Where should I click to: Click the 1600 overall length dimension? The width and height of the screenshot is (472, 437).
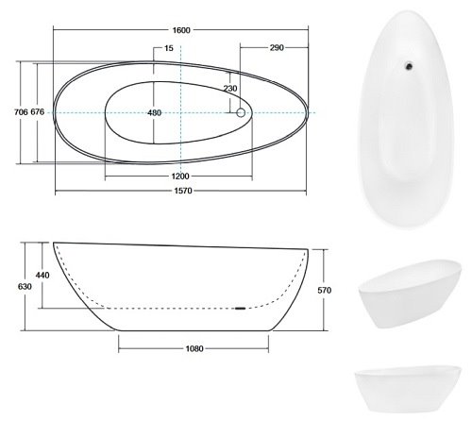pyautogui.click(x=181, y=30)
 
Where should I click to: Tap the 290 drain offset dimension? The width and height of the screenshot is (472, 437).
pyautogui.click(x=277, y=48)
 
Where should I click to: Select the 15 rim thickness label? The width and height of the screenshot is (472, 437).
pyautogui.click(x=169, y=48)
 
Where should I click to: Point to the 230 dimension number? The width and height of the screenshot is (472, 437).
pyautogui.click(x=230, y=89)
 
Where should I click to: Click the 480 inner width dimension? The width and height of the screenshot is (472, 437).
pyautogui.click(x=154, y=112)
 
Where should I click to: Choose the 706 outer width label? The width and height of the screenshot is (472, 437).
pyautogui.click(x=21, y=112)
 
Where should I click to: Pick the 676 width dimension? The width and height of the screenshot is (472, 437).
pyautogui.click(x=38, y=112)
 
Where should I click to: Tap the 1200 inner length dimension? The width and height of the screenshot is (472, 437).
pyautogui.click(x=180, y=176)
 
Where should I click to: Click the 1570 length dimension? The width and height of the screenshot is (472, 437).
pyautogui.click(x=183, y=191)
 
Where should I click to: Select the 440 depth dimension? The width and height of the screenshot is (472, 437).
pyautogui.click(x=42, y=276)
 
